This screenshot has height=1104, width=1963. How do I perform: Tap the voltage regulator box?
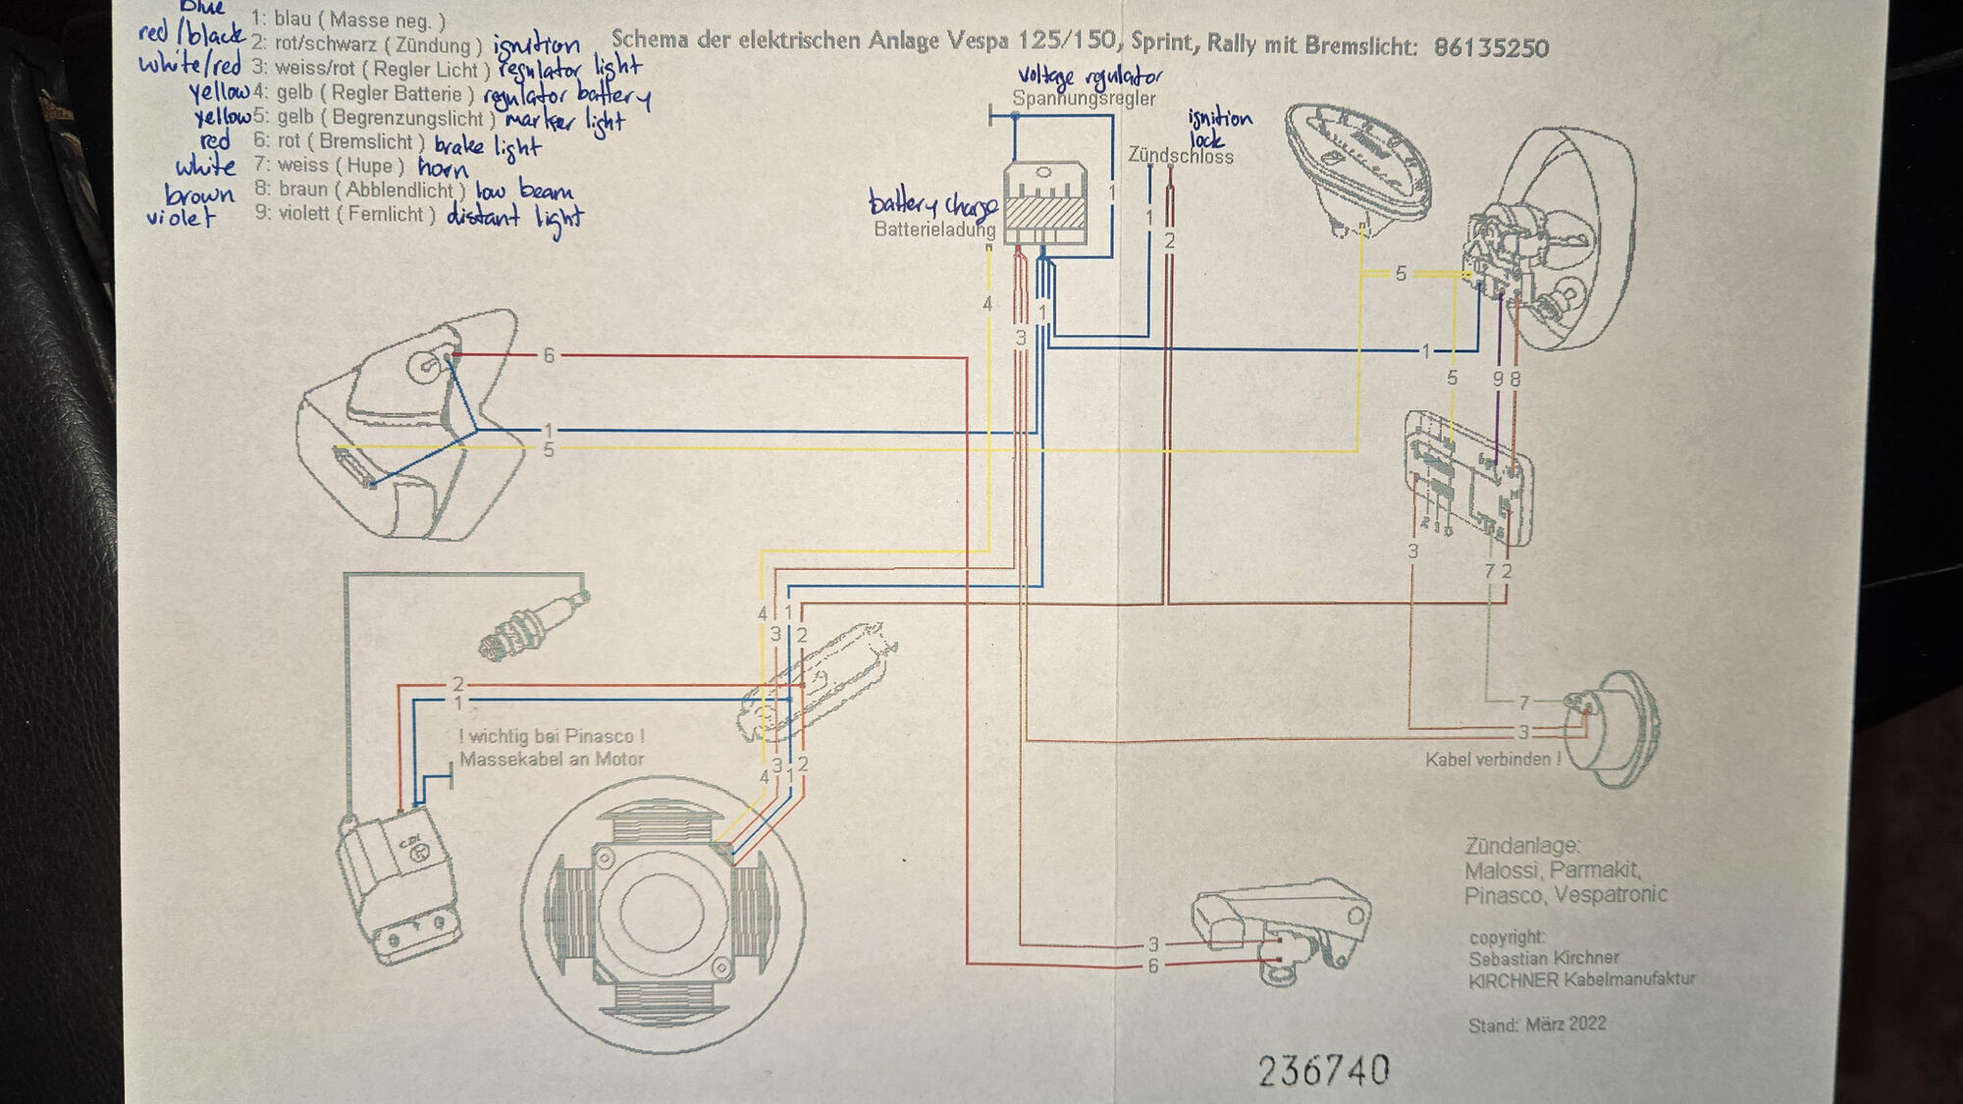tap(1045, 203)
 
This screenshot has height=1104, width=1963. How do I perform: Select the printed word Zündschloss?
tap(1180, 156)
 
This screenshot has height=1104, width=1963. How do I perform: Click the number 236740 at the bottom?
tap(1323, 1070)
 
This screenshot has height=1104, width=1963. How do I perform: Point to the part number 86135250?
tap(1490, 47)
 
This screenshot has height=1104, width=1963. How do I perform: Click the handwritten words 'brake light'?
tap(487, 146)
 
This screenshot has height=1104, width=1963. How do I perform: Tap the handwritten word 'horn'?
tap(442, 169)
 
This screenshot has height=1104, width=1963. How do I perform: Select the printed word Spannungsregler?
tap(1084, 98)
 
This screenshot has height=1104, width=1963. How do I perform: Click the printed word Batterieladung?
tap(933, 230)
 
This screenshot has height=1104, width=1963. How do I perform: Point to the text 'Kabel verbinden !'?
tap(1492, 759)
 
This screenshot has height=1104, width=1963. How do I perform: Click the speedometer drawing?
tap(1359, 167)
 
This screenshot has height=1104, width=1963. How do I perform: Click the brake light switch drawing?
tap(1281, 932)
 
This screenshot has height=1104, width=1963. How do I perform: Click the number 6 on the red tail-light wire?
tap(549, 355)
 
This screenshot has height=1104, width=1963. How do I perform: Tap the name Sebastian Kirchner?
tap(1543, 958)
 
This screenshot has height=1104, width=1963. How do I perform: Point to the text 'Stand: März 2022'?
tap(1537, 1025)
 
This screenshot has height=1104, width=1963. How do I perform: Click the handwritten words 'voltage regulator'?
tap(1089, 76)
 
